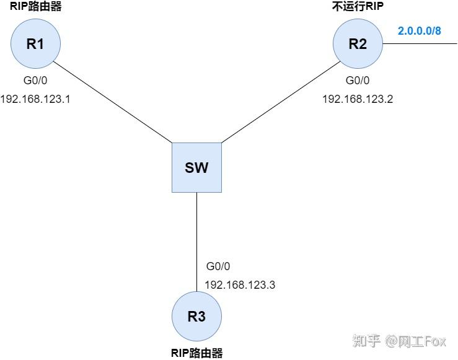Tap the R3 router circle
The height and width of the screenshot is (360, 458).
tap(196, 316)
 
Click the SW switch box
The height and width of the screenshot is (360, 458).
tap(196, 167)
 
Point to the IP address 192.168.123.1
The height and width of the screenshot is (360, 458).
tap(35, 98)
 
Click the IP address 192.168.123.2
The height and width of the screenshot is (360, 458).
tap(358, 98)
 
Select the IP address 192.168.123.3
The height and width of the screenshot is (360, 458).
tap(239, 284)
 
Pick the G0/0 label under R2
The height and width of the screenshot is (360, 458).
tap(358, 81)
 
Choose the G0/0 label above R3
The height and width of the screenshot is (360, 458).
tap(218, 266)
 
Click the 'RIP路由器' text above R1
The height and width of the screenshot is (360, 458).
tap(35, 7)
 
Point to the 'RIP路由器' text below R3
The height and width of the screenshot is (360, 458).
tap(196, 353)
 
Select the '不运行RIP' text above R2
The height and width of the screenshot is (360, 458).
tap(358, 7)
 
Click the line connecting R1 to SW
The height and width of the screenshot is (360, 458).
tap(112, 102)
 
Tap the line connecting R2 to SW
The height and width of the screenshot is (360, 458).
tap(279, 102)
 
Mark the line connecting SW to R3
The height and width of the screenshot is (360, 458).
tap(196, 242)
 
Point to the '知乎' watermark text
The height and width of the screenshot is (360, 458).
tap(366, 340)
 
